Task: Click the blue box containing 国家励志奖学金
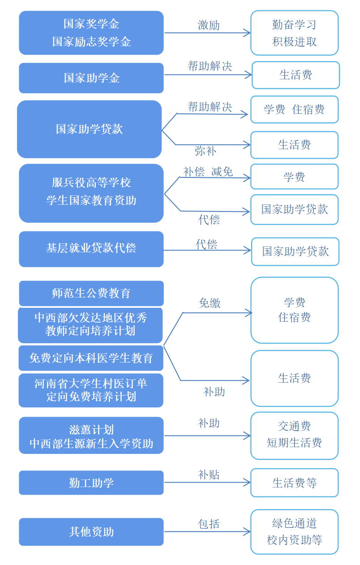[91, 33]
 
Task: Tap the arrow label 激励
[209, 25]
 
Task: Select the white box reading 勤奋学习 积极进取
[294, 33]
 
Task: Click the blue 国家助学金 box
[91, 78]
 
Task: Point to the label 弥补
[206, 151]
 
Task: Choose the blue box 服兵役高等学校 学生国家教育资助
[91, 193]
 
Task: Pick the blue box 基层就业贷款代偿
[91, 249]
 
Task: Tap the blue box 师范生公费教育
[91, 293]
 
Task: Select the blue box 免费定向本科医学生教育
[91, 358]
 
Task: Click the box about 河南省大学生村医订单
[91, 390]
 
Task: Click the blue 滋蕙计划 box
[91, 436]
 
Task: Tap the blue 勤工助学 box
[91, 483]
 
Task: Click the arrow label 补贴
[209, 474]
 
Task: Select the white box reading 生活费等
[294, 483]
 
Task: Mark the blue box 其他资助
[91, 532]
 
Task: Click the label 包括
[209, 524]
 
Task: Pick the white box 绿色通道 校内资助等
[294, 532]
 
